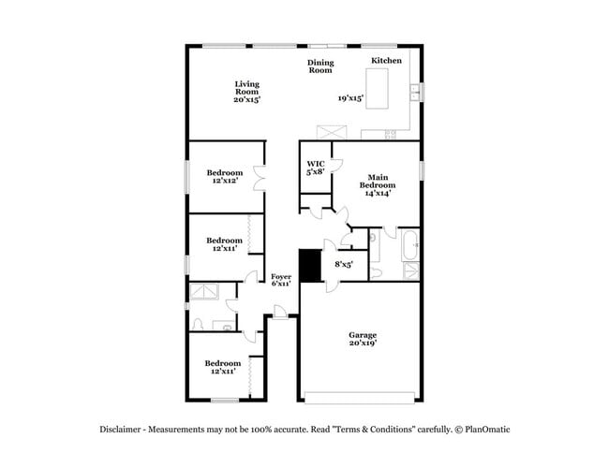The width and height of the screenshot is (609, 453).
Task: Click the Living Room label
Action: coord(246,91)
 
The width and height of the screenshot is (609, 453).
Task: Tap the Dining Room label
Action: coord(320,66)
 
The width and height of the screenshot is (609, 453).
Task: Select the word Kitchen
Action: coord(386,61)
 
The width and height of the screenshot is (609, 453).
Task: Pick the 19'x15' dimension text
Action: coord(350,97)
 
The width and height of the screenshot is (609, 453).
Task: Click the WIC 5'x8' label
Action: coord(316,168)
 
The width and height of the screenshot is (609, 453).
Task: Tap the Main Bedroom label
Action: coord(378,184)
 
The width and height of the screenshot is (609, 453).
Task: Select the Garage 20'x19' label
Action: coord(363,339)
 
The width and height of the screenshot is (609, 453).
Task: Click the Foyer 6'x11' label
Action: coord(281,281)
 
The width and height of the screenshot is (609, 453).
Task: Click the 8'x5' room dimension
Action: coord(344,265)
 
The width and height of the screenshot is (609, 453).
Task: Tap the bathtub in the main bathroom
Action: coord(411,245)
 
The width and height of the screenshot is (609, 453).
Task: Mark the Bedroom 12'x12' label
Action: coord(225,176)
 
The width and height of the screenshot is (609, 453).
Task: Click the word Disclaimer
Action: coord(123,430)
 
